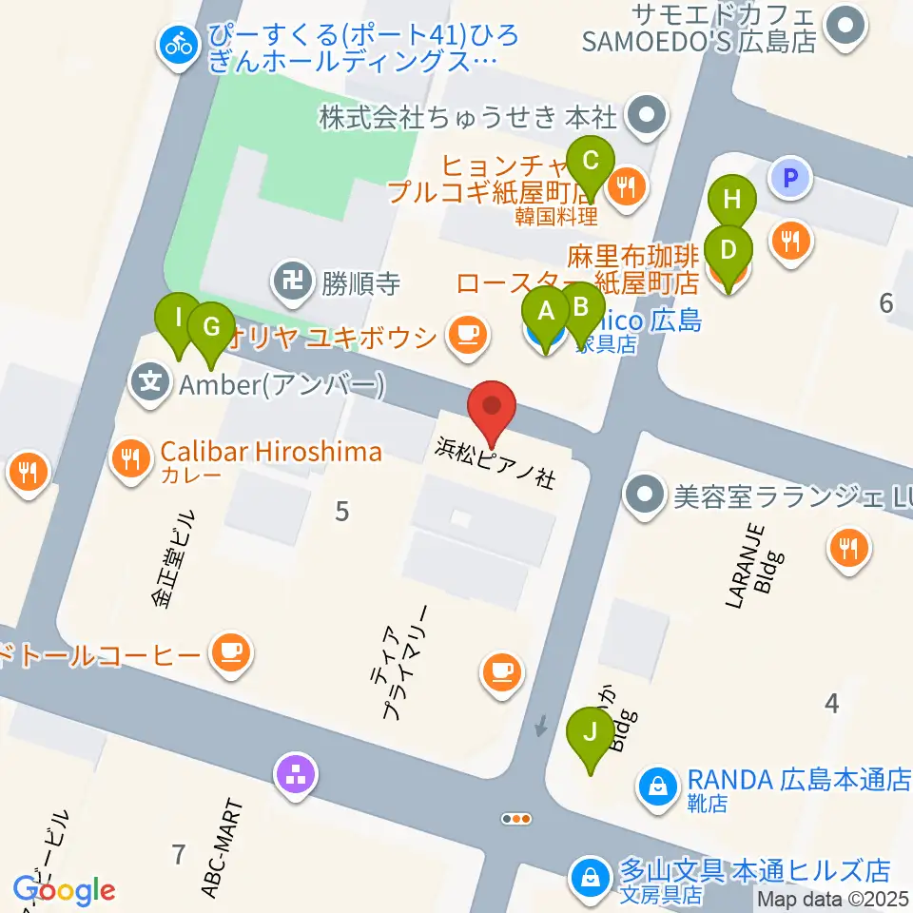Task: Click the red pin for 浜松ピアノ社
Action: coord(493,409)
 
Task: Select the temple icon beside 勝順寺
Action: coord(287,282)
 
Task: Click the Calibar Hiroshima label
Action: coord(270,452)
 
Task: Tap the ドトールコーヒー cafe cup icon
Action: coord(230,653)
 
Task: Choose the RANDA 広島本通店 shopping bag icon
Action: coord(656,784)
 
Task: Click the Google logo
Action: coord(64,890)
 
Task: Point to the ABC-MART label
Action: coord(222,848)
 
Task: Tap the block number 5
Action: coord(341,512)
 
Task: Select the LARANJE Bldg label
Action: coord(749,565)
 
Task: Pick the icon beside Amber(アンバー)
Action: coord(150,384)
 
